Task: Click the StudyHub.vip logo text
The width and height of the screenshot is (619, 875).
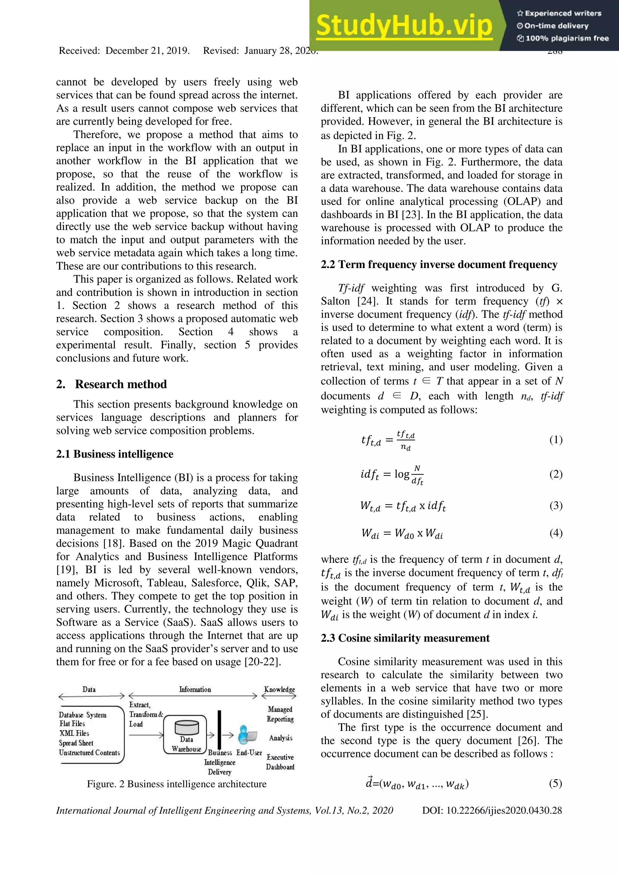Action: click(x=404, y=26)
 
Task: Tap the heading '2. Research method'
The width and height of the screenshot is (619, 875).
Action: click(x=111, y=384)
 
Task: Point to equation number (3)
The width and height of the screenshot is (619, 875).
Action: click(x=556, y=505)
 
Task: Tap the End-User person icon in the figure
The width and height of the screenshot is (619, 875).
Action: click(x=246, y=735)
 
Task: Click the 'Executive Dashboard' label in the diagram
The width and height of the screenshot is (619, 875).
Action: click(x=280, y=762)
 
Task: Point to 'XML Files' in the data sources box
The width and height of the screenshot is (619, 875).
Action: click(x=74, y=733)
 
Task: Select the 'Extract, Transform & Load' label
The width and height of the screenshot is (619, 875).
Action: click(x=145, y=714)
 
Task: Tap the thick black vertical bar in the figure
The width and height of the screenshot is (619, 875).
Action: click(x=219, y=729)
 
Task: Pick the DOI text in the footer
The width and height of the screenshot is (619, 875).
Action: click(x=492, y=810)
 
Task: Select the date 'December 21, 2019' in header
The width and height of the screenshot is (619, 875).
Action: click(x=147, y=51)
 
